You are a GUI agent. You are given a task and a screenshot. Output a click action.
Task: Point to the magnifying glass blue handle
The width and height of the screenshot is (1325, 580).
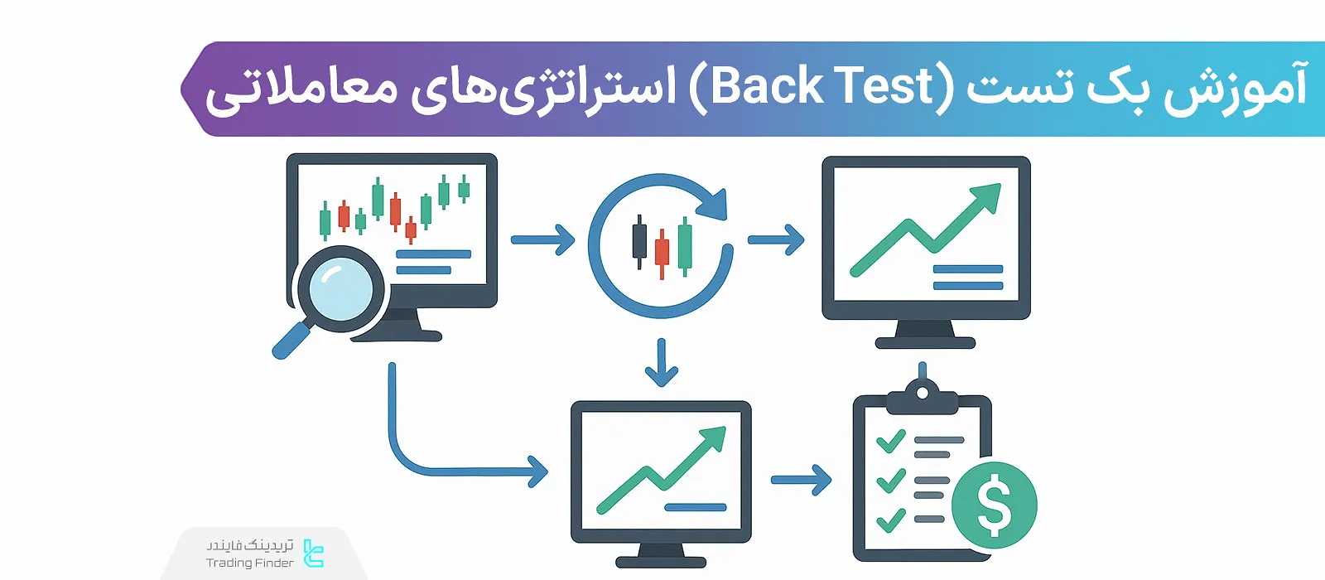pyautogui.click(x=289, y=341)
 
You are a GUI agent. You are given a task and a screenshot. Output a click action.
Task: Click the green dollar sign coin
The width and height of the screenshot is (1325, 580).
pyautogui.click(x=994, y=505)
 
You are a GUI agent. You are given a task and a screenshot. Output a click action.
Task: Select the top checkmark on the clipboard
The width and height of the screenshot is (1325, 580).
pyautogui.click(x=890, y=441)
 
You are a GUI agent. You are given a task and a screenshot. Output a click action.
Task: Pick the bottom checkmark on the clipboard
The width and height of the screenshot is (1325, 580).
pyautogui.click(x=890, y=520)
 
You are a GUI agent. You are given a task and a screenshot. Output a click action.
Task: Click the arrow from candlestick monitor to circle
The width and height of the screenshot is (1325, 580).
pyautogui.click(x=542, y=240)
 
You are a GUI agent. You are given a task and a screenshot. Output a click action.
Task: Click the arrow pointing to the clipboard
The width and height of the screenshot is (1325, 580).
pyautogui.click(x=801, y=480)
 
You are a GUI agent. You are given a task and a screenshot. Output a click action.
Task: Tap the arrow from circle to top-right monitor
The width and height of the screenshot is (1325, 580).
pyautogui.click(x=776, y=240)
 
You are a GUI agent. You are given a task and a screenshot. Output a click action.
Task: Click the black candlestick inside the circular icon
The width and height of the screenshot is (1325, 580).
pyautogui.click(x=639, y=240)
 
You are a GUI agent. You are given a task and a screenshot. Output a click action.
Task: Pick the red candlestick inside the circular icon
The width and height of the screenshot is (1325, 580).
pyautogui.click(x=662, y=252)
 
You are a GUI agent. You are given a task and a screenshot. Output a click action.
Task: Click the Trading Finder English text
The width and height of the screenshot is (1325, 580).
pyautogui.click(x=249, y=563)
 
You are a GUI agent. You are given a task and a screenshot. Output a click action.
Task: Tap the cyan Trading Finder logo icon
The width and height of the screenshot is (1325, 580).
pyautogui.click(x=313, y=553)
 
